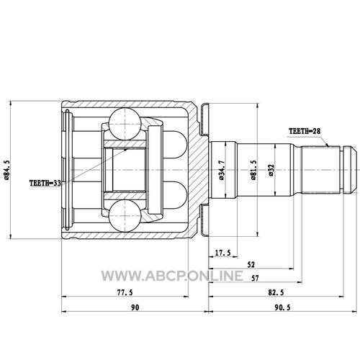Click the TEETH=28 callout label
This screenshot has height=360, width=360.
pyautogui.click(x=305, y=131)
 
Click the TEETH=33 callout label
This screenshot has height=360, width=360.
pyautogui.click(x=45, y=183)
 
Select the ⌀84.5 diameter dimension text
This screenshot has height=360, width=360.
pyautogui.click(x=6, y=170)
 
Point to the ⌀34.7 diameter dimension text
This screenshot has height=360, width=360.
pyautogui.click(x=221, y=170)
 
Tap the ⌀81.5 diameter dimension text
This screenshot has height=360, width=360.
pyautogui.click(x=253, y=170)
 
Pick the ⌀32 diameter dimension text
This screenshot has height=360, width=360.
pyautogui.click(x=271, y=170)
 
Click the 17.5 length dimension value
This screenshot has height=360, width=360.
pyautogui.click(x=222, y=253)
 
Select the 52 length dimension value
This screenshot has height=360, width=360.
pyautogui.click(x=251, y=265)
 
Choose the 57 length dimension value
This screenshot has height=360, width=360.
pyautogui.click(x=255, y=279)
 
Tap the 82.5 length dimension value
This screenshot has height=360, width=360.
pyautogui.click(x=276, y=292)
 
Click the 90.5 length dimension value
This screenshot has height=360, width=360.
pyautogui.click(x=282, y=307)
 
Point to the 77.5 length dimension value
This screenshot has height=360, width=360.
pyautogui.click(x=125, y=292)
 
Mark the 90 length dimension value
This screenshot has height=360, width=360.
pyautogui.click(x=135, y=307)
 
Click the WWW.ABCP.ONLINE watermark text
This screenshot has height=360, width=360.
pyautogui.click(x=172, y=276)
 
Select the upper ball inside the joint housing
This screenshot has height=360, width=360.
pyautogui.click(x=125, y=124)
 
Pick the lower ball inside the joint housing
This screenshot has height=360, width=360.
pyautogui.click(x=125, y=216)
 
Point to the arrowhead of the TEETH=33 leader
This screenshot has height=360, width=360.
pyautogui.click(x=125, y=150)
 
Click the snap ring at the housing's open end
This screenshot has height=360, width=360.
pyautogui.click(x=68, y=170)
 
